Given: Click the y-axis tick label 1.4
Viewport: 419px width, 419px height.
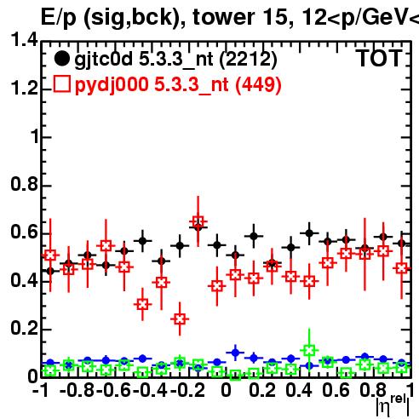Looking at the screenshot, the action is pos(24,39).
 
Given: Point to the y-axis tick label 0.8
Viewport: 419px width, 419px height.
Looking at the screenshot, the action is pos(24,184).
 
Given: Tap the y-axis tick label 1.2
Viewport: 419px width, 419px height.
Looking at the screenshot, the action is pos(24,88).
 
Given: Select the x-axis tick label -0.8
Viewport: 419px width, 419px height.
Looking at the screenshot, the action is pos(77,390).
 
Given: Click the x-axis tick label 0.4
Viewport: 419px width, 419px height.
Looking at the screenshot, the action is pos(299,390).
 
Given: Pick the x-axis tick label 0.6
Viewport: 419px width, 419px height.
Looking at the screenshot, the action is pos(336,390).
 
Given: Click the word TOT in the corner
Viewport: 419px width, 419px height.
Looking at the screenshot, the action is pos(379,59).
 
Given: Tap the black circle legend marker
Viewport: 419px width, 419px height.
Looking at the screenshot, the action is pos(61,59).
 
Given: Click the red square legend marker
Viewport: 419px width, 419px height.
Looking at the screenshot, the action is pos(61,83).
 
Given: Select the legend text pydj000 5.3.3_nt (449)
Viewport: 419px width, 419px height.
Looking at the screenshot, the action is pos(178,85).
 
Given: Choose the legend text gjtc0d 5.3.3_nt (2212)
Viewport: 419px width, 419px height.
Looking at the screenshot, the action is pos(175,60).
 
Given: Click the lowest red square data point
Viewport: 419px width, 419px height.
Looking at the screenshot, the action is pos(180,319).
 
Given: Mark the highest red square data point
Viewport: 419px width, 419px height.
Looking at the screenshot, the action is pos(198,221).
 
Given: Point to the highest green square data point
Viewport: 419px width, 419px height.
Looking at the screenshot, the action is pos(309,350).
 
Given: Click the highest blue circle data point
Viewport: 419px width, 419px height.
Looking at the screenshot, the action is pos(235,353).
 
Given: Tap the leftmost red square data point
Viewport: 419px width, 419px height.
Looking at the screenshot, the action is pos(50,255).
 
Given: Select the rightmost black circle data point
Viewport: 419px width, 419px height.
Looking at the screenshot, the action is pos(401,244).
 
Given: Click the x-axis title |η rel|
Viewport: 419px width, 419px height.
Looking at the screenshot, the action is pos(393,405).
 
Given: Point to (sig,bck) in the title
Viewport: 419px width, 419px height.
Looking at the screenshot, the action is pos(133,18).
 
